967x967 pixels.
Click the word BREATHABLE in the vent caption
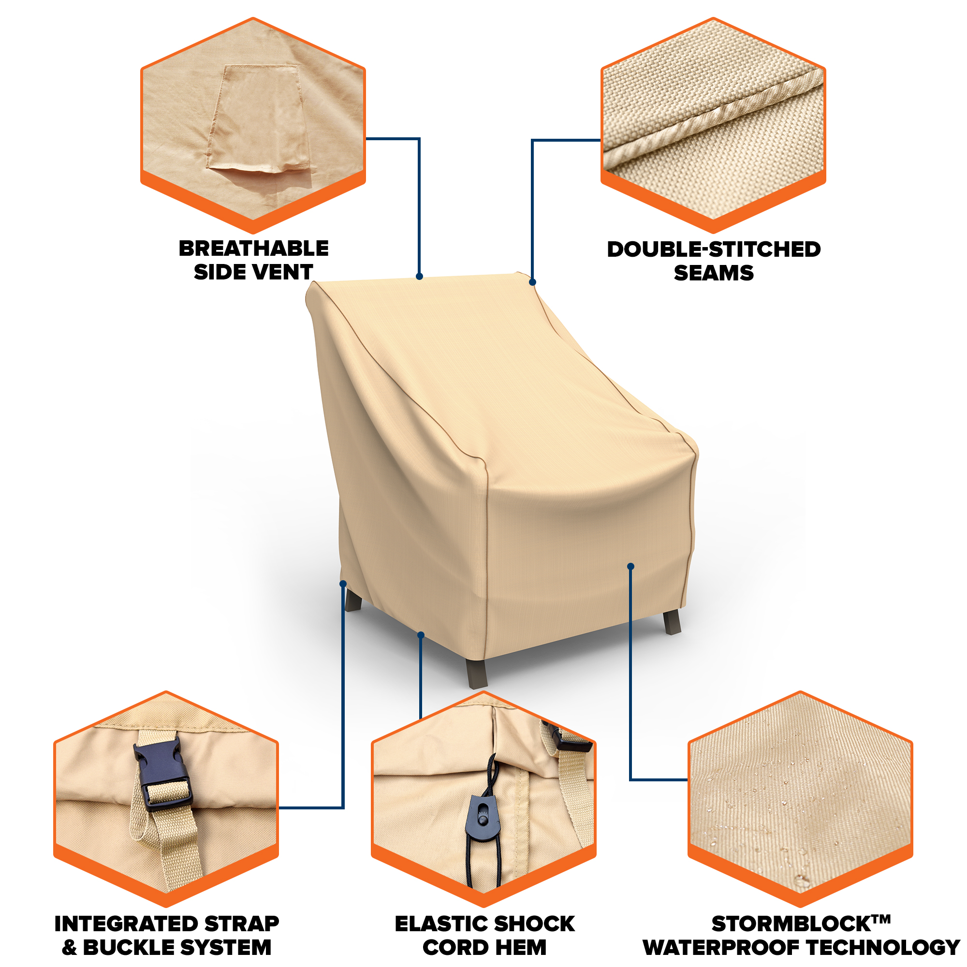(x=254, y=248)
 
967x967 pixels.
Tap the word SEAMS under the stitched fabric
(x=714, y=273)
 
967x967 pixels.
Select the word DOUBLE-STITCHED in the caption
(x=714, y=249)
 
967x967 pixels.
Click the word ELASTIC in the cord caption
(x=441, y=924)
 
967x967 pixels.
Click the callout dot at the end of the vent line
(x=419, y=276)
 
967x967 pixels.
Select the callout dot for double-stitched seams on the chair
(x=532, y=282)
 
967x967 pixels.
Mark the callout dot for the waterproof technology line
(x=630, y=567)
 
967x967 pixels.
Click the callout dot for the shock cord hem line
(x=421, y=635)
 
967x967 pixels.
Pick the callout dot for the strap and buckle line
(x=343, y=584)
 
